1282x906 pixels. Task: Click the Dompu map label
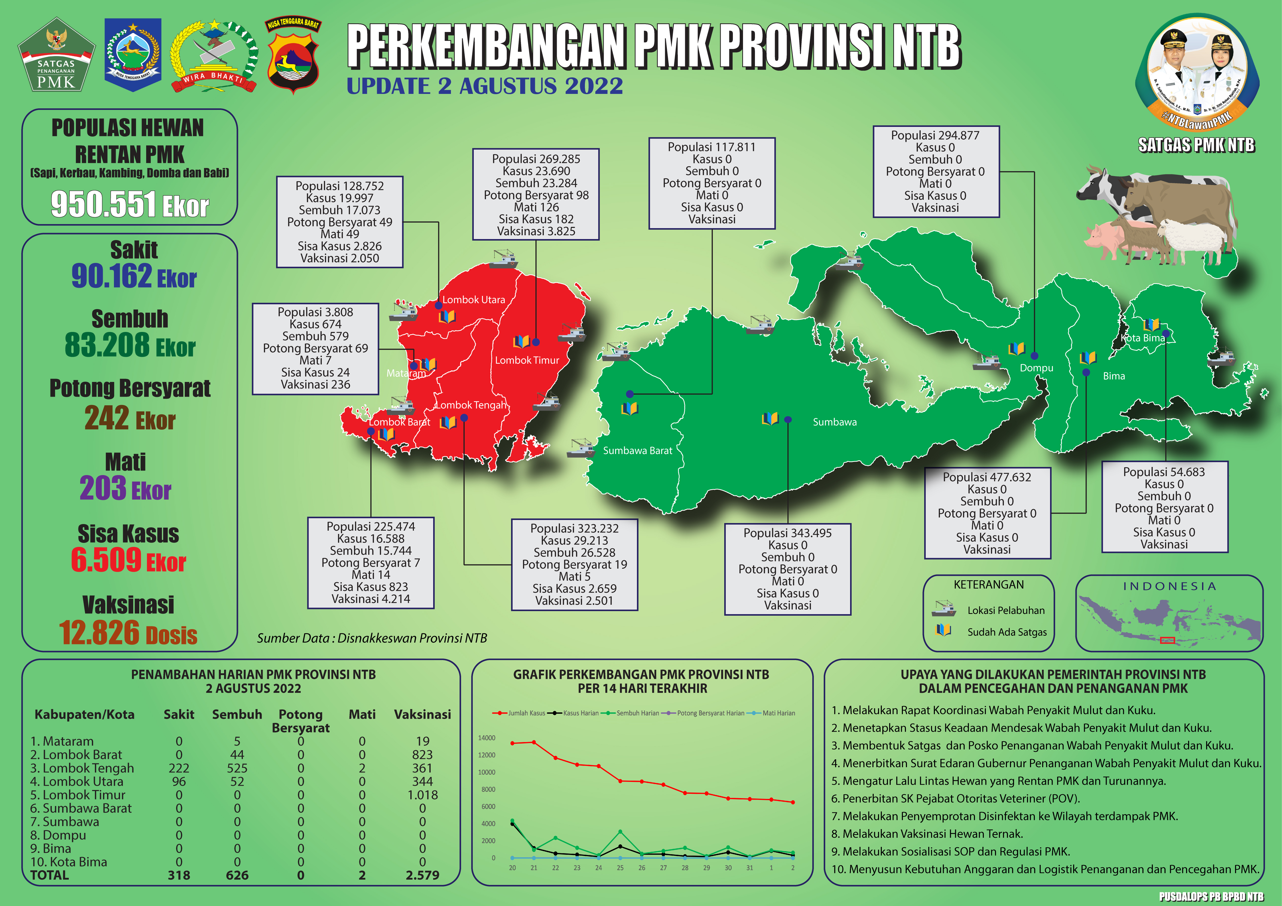(1036, 368)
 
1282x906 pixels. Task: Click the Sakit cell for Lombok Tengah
(179, 768)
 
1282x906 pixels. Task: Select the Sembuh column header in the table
(237, 714)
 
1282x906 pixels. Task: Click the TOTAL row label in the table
(50, 875)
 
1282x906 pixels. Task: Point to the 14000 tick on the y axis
(486, 738)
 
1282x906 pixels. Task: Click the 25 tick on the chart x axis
(620, 868)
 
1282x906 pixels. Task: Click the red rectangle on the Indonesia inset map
(1168, 640)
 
